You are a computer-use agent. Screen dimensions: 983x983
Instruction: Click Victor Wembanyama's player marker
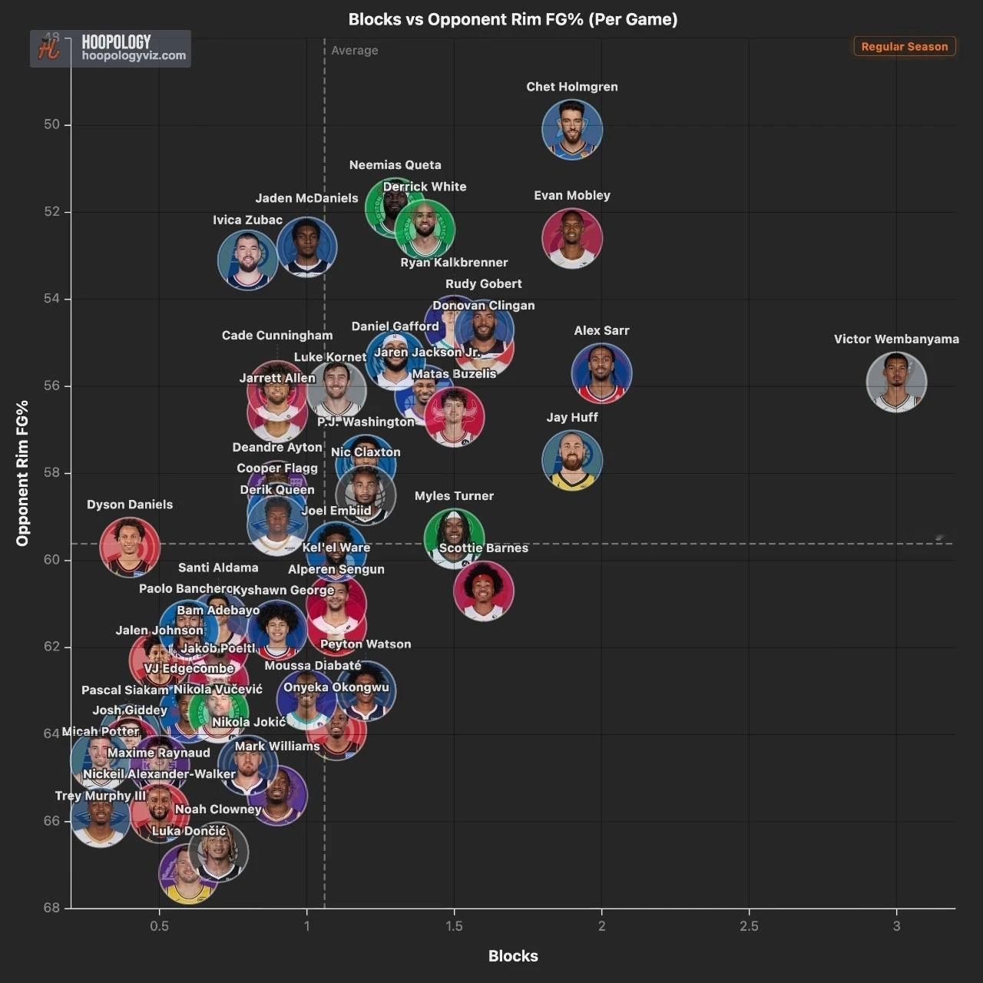896,382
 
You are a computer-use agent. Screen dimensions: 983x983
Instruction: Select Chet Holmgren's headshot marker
572,129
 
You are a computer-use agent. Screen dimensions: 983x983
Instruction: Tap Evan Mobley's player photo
572,237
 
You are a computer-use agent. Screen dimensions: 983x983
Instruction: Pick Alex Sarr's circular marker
601,373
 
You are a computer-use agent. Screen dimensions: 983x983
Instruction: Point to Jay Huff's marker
572,460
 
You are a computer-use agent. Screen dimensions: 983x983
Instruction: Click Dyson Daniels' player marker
130,547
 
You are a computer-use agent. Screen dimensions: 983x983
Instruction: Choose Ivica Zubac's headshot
247,260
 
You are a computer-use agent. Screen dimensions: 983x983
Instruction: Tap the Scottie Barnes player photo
484,591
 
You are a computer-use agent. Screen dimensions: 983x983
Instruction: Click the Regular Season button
904,46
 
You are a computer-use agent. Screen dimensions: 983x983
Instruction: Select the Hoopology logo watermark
111,48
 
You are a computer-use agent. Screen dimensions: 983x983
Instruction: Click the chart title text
513,19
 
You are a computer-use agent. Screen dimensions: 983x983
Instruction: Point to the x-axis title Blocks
513,956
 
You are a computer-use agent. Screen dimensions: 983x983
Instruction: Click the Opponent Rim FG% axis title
22,473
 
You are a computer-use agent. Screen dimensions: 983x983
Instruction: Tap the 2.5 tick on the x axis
749,925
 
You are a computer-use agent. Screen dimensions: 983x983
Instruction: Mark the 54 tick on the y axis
51,299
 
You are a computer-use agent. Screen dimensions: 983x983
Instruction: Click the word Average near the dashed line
355,51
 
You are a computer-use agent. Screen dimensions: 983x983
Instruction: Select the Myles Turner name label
454,496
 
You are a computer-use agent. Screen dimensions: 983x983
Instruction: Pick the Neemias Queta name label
395,165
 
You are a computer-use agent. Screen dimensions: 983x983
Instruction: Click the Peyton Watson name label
366,644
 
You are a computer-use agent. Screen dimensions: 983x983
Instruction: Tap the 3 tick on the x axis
896,925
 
